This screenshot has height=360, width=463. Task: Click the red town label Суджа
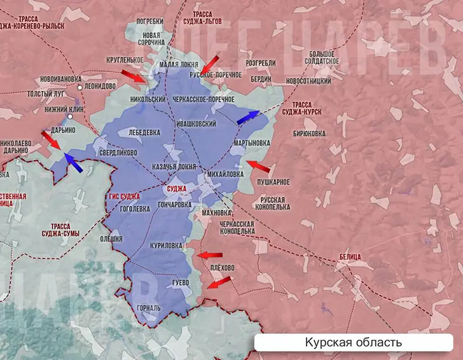coord(176,189)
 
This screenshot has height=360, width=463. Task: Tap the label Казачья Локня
coord(174,166)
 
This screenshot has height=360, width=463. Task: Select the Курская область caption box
coord(353,343)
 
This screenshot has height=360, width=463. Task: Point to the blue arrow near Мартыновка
coord(248,116)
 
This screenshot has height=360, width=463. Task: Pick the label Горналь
coord(149,308)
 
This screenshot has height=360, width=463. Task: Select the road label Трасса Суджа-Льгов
coord(212,17)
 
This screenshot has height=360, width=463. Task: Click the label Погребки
coord(150,21)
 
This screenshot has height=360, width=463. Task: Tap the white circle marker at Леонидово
coord(80,87)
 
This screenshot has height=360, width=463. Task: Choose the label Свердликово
coord(118,153)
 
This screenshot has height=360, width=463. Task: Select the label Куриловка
coord(166,245)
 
